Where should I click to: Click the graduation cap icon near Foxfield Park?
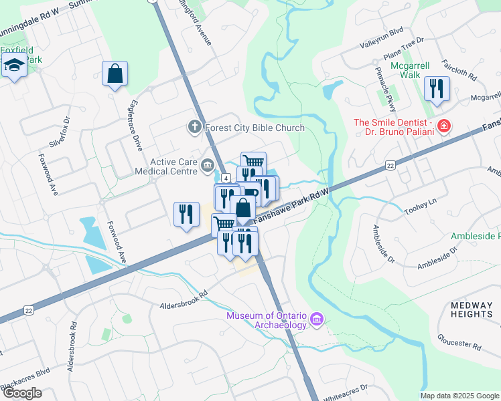point(13,66)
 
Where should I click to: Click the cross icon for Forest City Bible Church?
point(194,127)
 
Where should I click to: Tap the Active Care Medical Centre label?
point(174,166)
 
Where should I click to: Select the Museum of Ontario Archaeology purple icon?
point(317,320)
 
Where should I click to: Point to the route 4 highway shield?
point(227,178)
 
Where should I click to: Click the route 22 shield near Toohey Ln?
point(390,166)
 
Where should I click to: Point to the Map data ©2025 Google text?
point(460,396)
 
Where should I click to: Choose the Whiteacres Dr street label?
point(346,392)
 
